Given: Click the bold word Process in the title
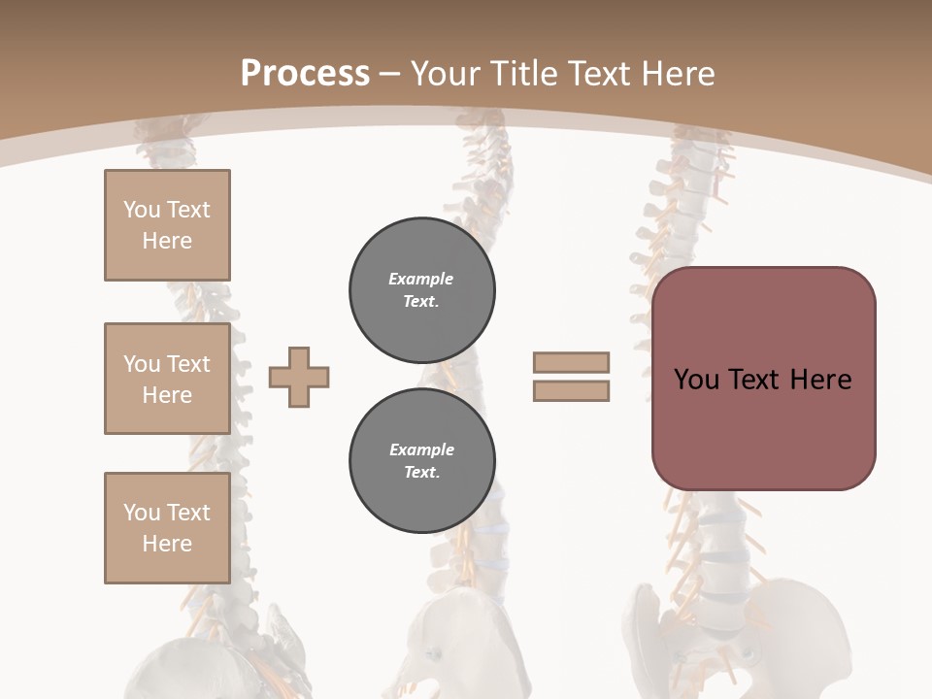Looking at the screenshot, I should point(305,74).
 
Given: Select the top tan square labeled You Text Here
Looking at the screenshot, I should point(167,225).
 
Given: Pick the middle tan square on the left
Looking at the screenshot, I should point(167,379).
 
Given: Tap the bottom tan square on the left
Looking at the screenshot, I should point(167,528).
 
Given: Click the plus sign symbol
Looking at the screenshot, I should point(299,377).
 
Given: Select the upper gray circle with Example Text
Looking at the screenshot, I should point(421,289).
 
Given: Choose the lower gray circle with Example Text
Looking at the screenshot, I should point(421,461).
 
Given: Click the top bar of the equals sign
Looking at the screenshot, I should point(571,362).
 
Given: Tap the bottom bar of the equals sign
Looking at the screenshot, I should point(571,390).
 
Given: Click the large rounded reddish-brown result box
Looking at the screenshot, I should point(763,379).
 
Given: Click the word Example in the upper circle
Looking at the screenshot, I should point(421,279).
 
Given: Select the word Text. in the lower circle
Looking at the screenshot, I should point(421,473).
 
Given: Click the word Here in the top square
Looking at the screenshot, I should point(167,241).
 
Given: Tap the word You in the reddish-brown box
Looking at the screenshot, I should point(696,380).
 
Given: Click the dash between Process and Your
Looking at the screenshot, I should point(390,75).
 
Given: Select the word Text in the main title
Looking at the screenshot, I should point(598,74).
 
